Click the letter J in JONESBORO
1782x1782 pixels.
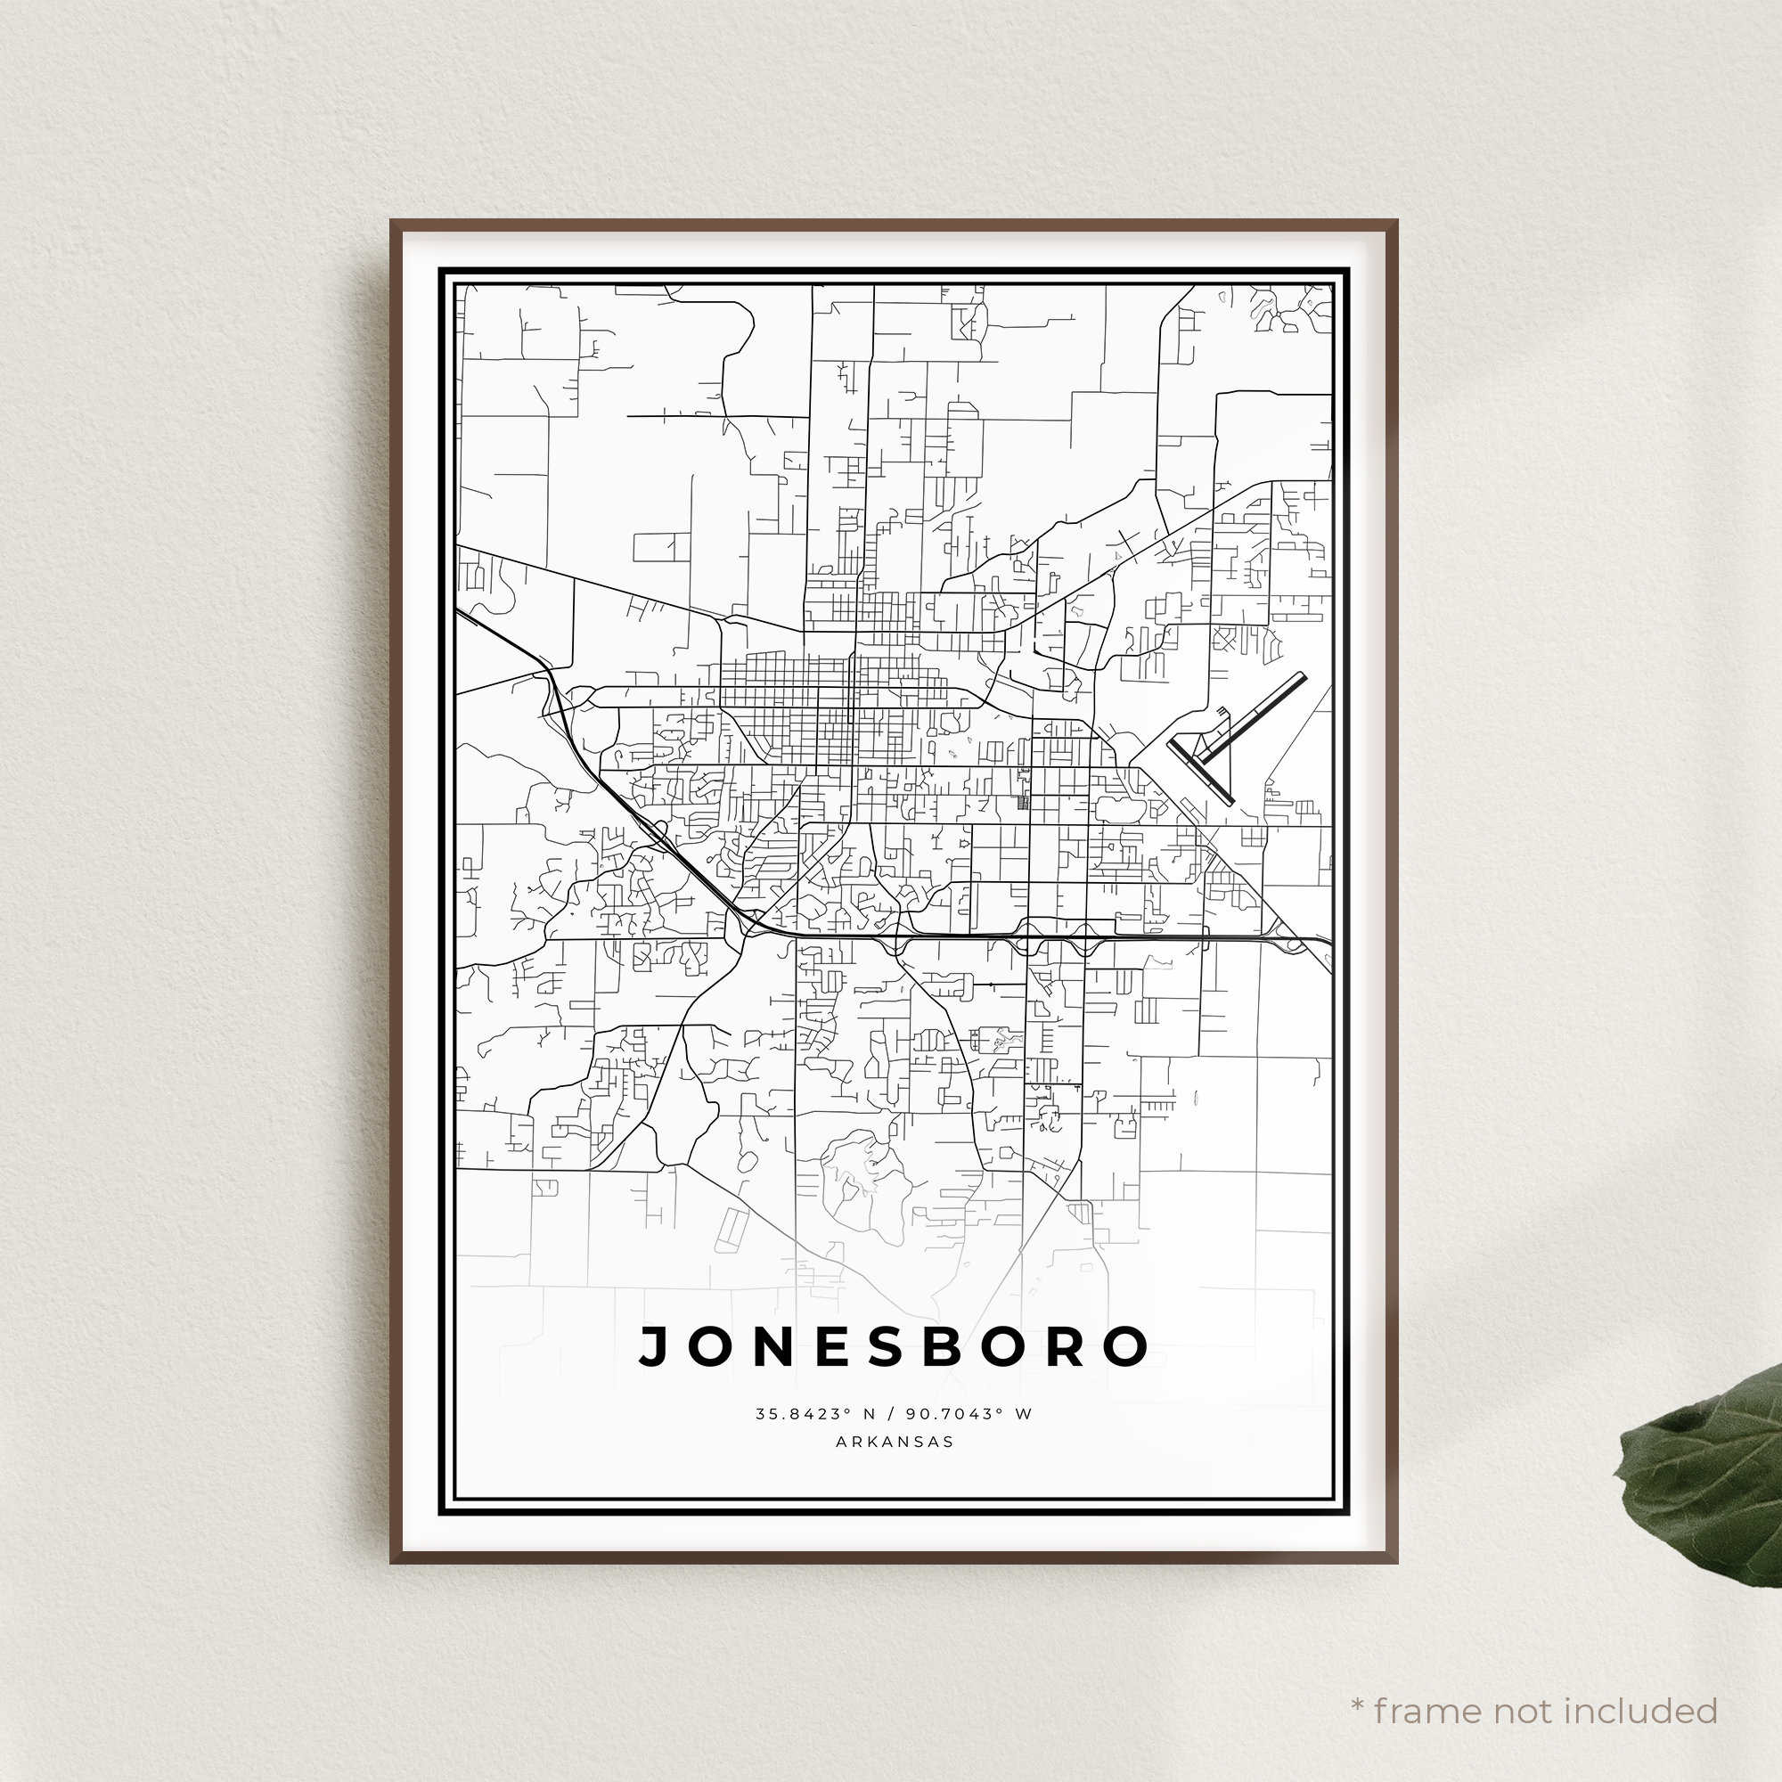pyautogui.click(x=654, y=1347)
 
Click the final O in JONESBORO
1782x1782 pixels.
pyautogui.click(x=1126, y=1347)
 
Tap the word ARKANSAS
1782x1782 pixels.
pyautogui.click(x=894, y=1442)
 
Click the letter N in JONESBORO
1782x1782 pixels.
pyautogui.click(x=777, y=1347)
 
